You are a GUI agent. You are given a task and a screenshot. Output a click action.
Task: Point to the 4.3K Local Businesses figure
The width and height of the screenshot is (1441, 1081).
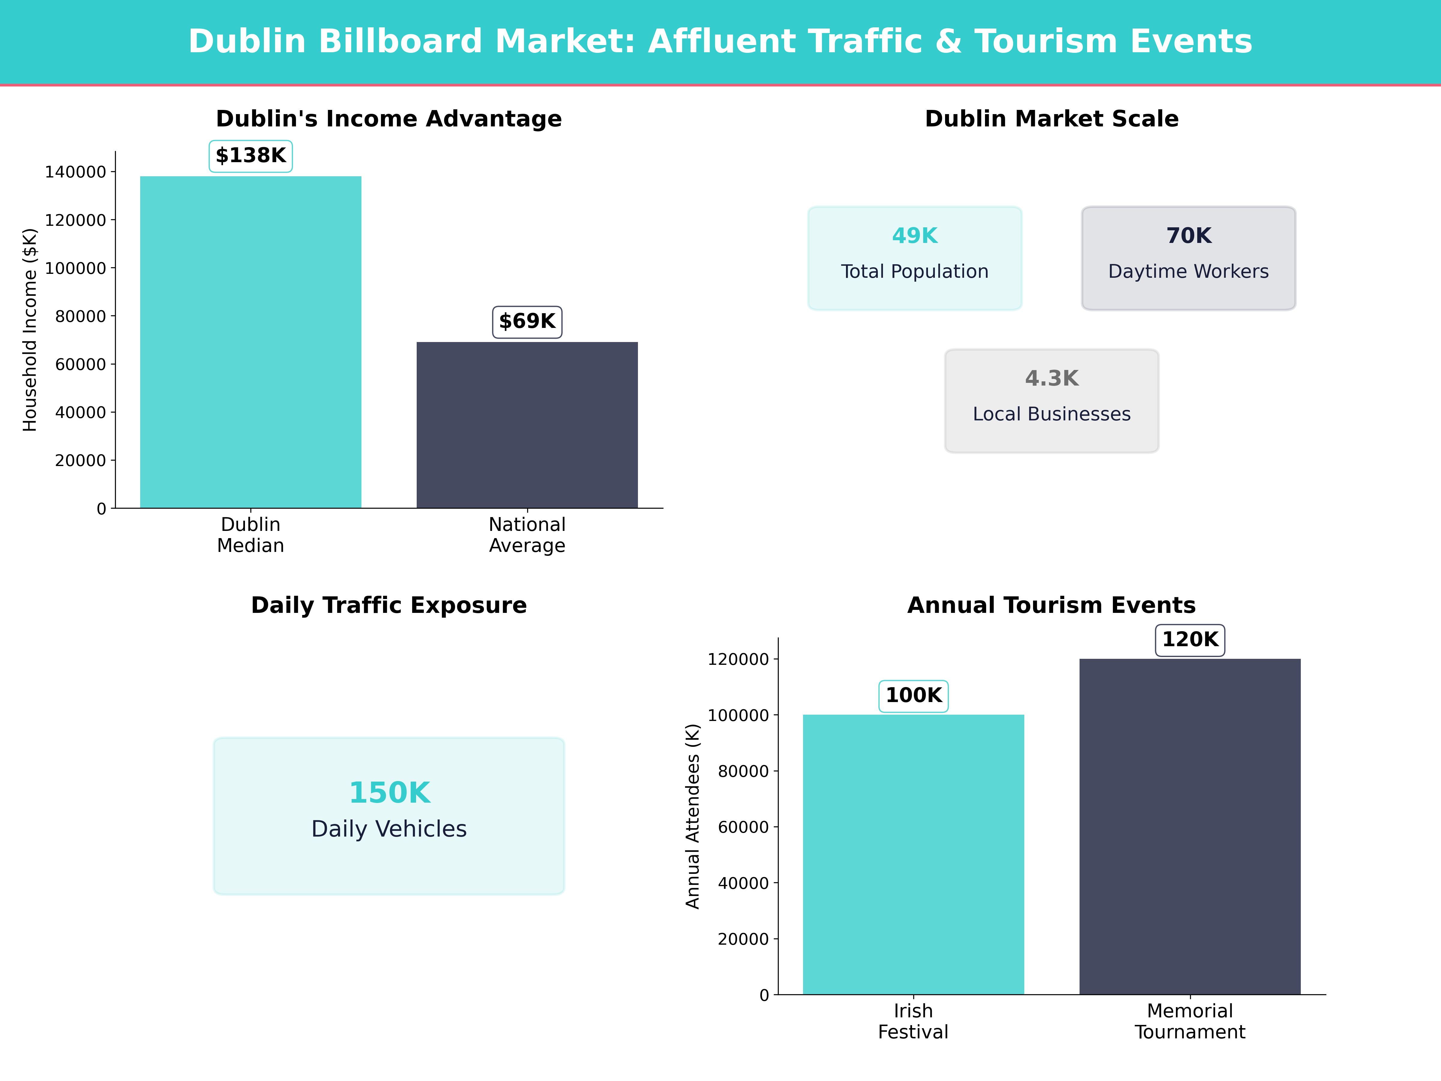tap(1051, 379)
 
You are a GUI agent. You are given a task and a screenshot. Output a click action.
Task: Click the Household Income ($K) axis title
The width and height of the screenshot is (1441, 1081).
tap(30, 330)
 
